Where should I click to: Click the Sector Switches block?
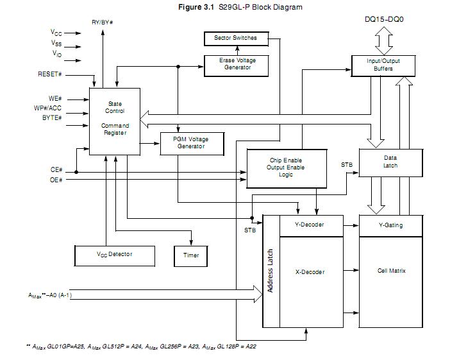[x=235, y=39]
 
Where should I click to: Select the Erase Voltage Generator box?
[x=238, y=64]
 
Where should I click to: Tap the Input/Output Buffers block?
[x=383, y=65]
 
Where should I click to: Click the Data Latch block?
[x=390, y=162]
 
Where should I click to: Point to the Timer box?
[x=191, y=255]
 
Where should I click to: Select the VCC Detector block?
[x=115, y=255]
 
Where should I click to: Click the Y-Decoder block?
[x=310, y=225]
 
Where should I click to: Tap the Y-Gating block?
[x=391, y=225]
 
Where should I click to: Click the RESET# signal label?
[x=50, y=74]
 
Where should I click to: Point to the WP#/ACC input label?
[x=48, y=108]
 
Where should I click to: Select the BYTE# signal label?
[x=52, y=117]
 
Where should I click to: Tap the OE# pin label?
[x=56, y=180]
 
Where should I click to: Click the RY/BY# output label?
[x=103, y=22]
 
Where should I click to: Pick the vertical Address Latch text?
[x=271, y=271]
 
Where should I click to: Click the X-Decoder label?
[x=310, y=272]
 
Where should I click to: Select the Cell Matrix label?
[x=391, y=271]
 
